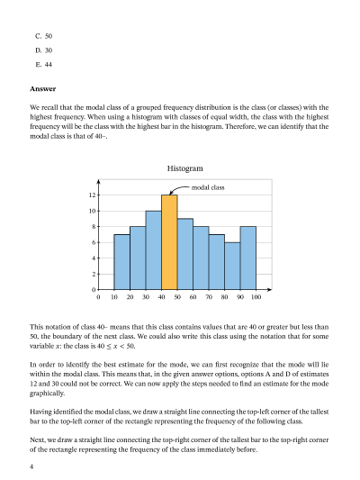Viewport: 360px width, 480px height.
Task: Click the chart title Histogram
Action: point(184,168)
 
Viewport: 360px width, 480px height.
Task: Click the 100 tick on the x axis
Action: point(256,296)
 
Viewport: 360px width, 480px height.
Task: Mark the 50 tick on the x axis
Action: point(177,296)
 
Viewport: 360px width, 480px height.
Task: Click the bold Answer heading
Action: point(42,88)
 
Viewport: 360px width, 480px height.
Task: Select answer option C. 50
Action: point(43,35)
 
